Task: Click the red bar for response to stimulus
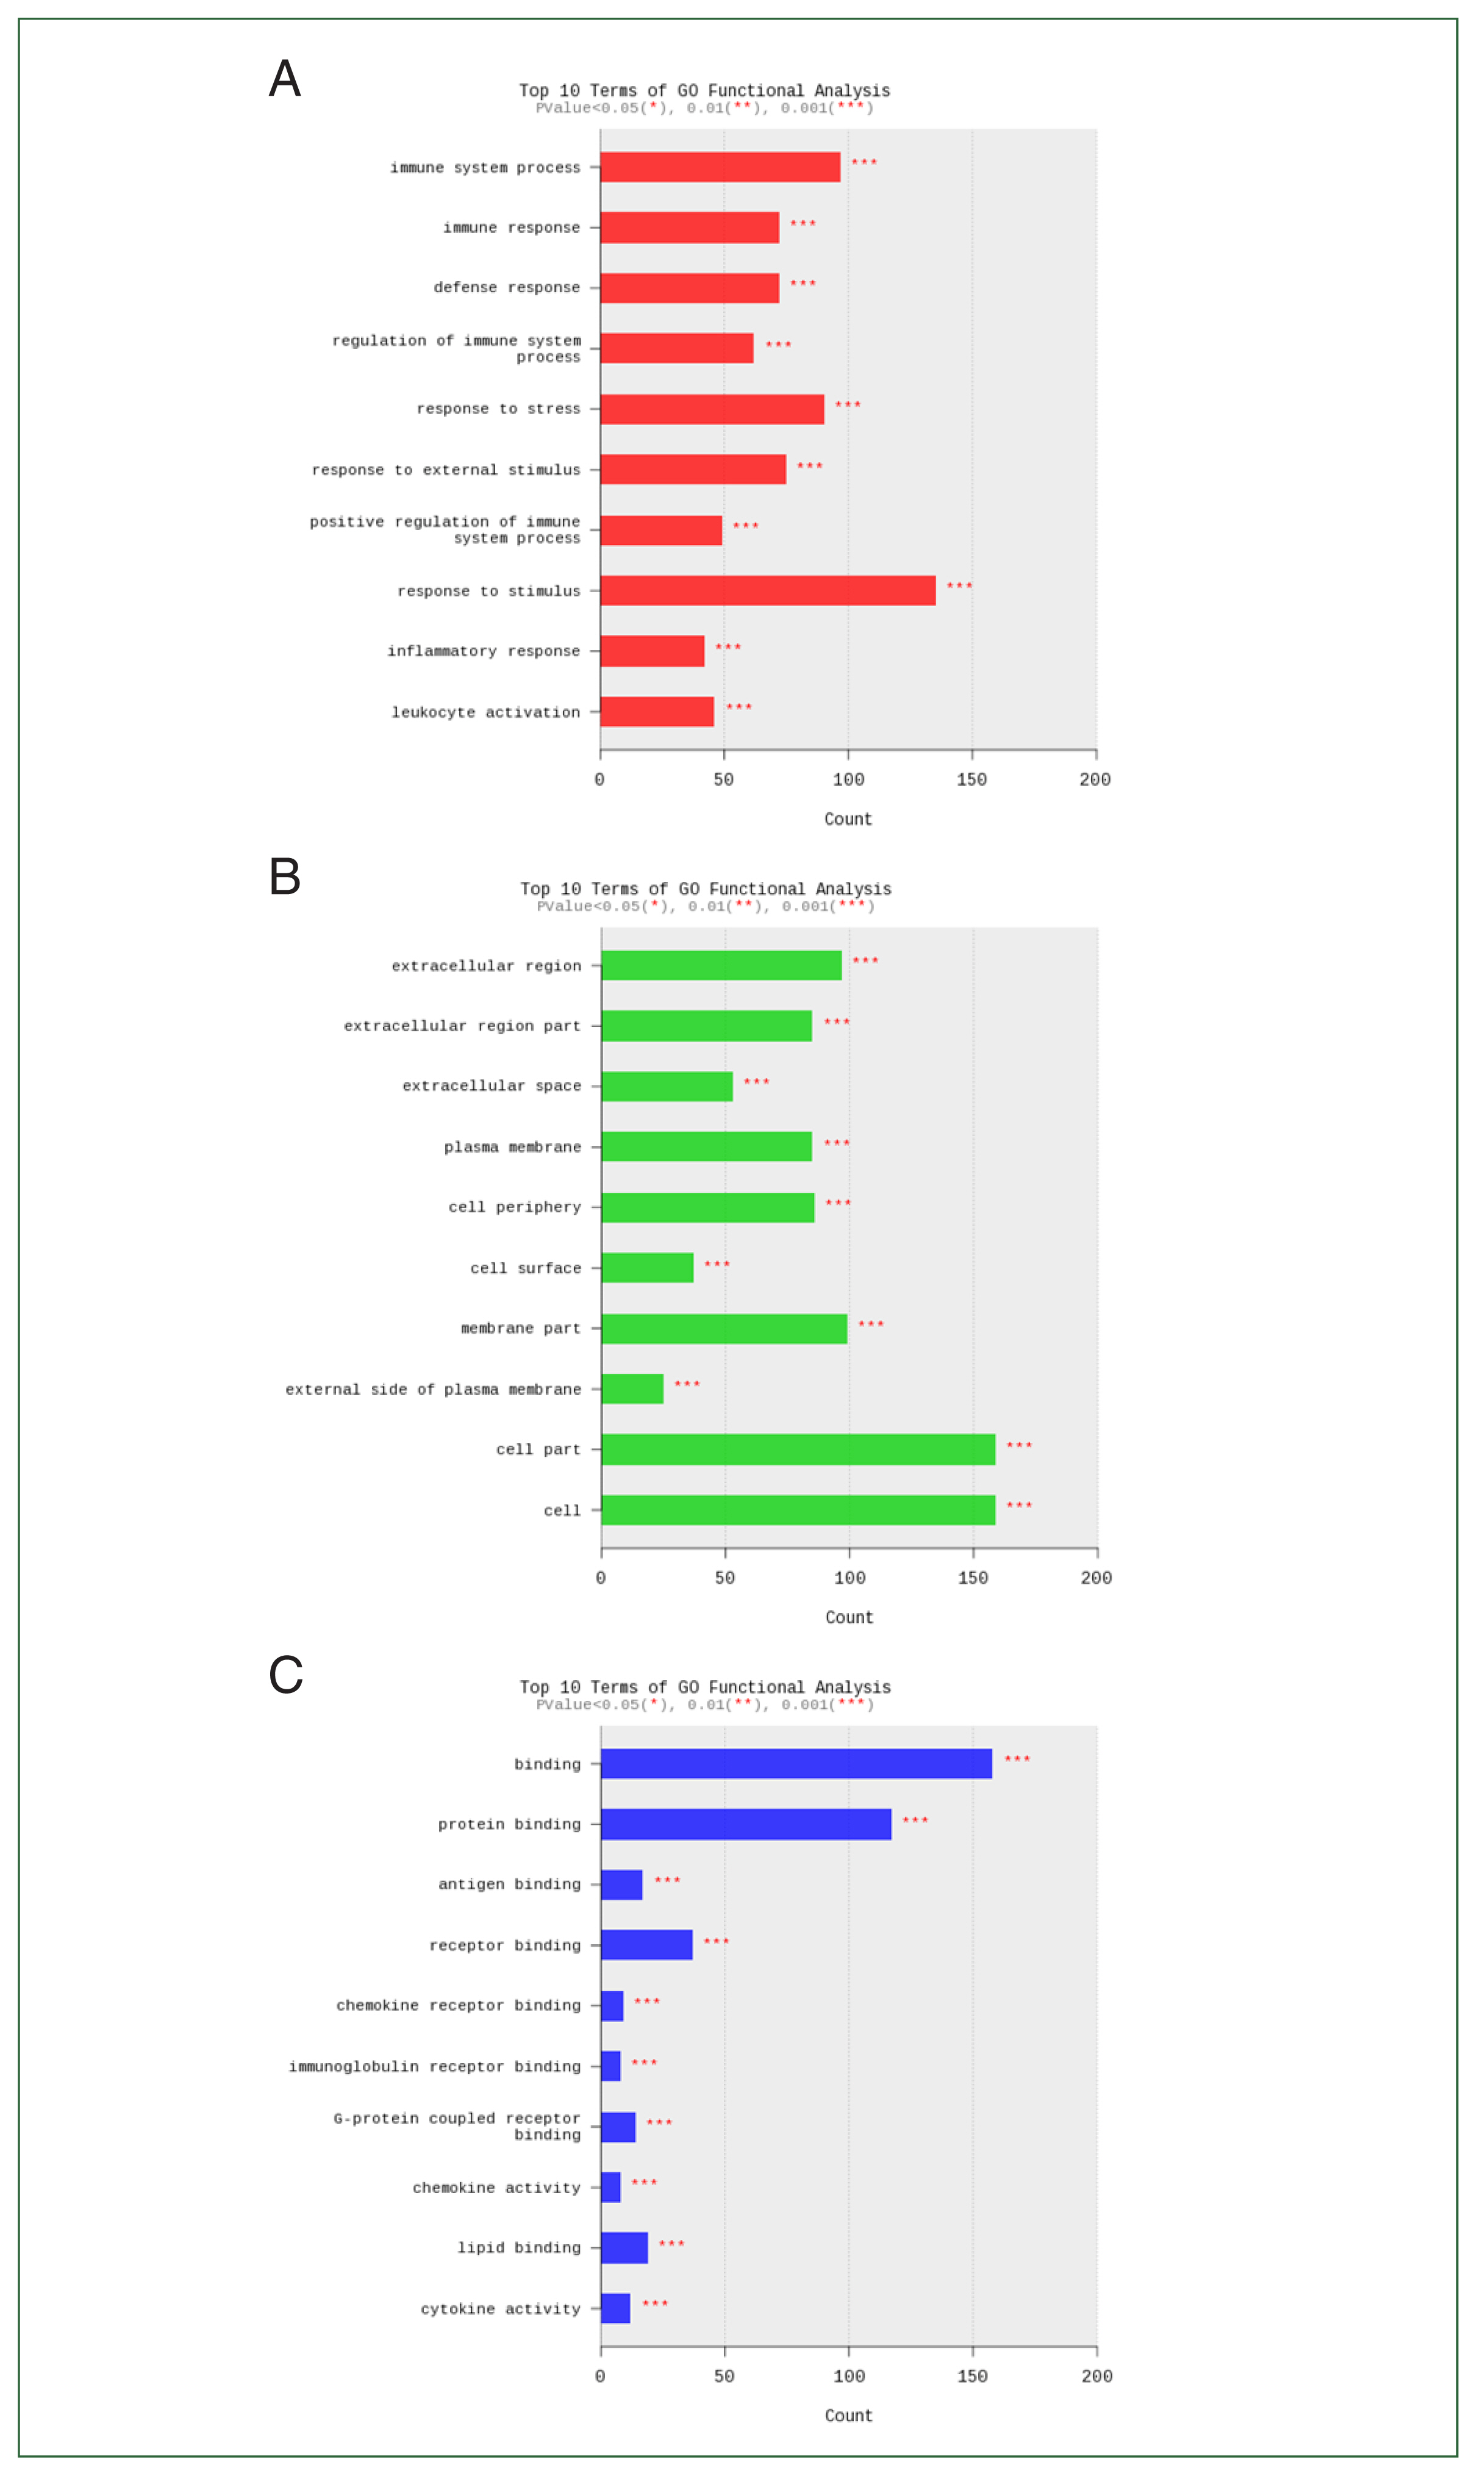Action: point(767,590)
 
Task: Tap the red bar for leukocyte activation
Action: point(657,712)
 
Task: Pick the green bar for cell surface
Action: point(647,1268)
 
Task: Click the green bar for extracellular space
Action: point(667,1086)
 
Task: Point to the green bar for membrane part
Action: point(724,1328)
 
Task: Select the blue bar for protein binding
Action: point(745,1824)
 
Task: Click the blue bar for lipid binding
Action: point(624,2248)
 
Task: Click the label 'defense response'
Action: point(507,288)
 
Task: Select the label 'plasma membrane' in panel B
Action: point(513,1147)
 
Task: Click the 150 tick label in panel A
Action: point(971,779)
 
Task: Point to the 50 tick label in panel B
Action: point(724,1577)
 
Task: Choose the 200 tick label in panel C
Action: point(1097,2375)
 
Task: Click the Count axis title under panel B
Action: point(849,1617)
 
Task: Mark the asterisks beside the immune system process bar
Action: point(864,162)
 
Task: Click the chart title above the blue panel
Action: point(705,1687)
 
